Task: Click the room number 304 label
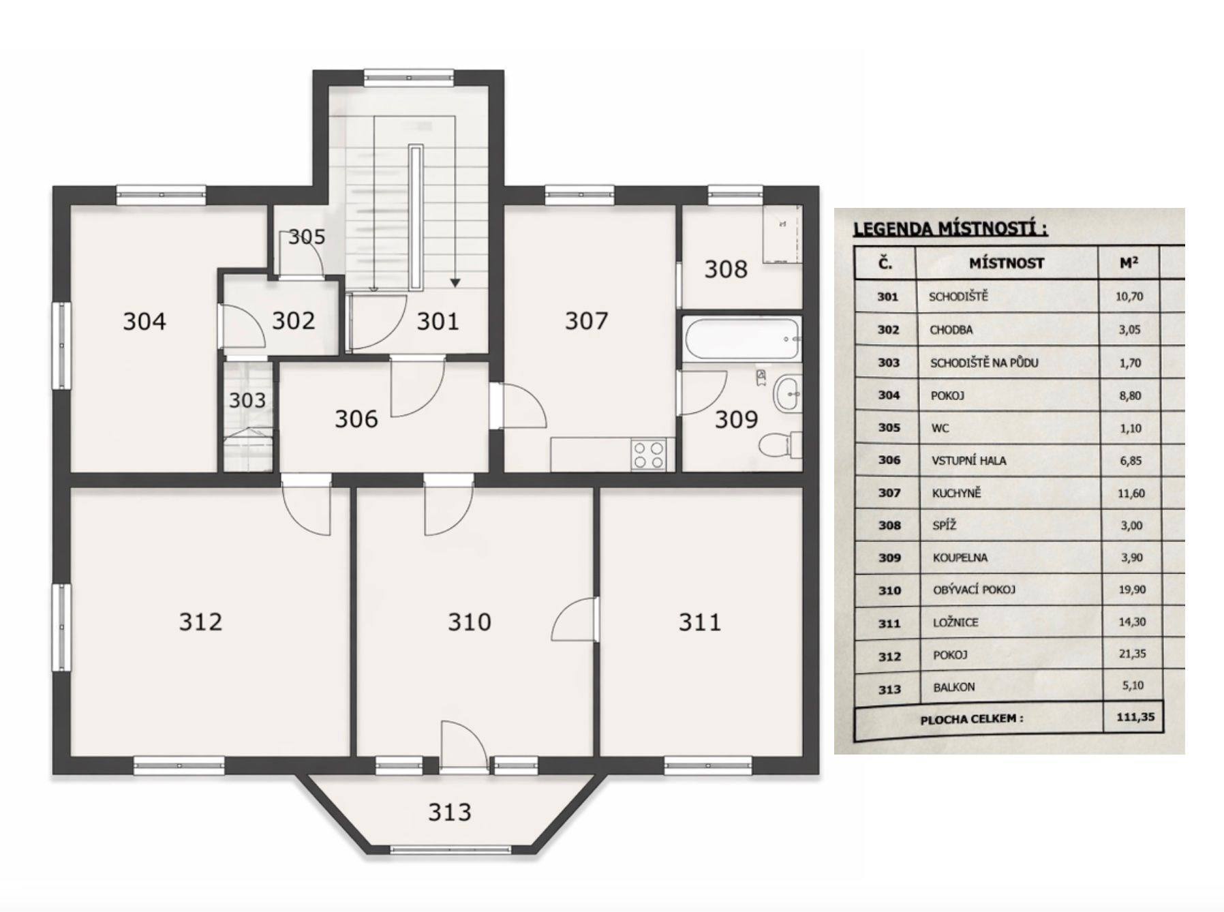point(144,321)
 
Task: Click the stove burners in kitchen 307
point(648,455)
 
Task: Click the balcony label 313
point(450,812)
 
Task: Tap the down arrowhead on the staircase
point(455,282)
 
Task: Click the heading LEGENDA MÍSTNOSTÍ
point(950,228)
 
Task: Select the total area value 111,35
point(1131,718)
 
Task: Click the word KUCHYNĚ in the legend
point(957,493)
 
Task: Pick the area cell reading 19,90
point(1131,590)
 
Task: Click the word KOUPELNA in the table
point(960,558)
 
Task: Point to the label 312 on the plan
point(200,622)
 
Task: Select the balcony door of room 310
point(463,746)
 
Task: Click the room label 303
point(247,400)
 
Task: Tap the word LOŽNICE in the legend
point(955,622)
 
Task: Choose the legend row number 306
point(889,460)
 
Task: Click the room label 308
point(726,269)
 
